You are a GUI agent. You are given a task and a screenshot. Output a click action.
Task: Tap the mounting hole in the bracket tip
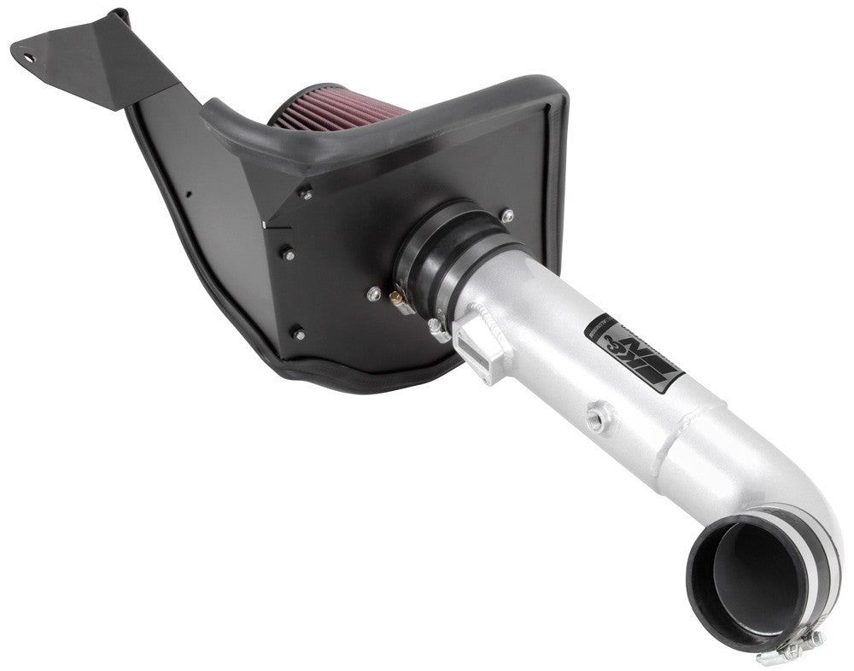29,57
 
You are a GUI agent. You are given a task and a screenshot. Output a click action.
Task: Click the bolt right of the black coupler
509,214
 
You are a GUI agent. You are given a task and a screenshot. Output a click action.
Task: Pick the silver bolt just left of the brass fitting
372,293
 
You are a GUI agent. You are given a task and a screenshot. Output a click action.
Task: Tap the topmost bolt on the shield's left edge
306,195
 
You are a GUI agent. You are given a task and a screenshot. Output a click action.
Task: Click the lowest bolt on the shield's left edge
296,330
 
